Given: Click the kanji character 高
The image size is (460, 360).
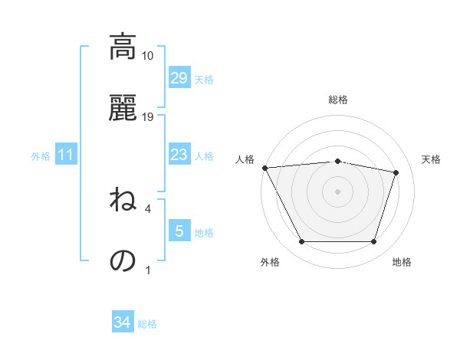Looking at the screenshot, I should click(122, 47).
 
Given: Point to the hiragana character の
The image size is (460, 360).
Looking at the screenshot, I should click(122, 260).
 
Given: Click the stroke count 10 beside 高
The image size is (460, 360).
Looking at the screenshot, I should click(148, 56).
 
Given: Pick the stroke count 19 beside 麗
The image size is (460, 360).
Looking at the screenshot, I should click(148, 117).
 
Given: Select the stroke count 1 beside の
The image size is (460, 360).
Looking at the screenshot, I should click(148, 270).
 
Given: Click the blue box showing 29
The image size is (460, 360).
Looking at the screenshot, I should click(179, 78).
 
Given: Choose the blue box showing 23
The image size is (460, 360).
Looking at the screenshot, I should click(179, 155).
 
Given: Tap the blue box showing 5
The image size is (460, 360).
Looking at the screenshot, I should click(179, 231).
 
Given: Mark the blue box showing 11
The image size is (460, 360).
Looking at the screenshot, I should click(66, 155).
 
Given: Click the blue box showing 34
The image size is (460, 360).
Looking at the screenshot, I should click(122, 323).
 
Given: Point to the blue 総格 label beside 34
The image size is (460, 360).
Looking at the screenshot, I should click(147, 324).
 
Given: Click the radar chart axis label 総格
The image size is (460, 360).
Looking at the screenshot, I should click(338, 100).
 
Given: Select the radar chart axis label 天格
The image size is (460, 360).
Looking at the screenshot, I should click(432, 159).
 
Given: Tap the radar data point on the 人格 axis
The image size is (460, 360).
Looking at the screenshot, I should click(264, 168).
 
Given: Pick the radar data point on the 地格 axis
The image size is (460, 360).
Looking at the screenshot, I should click(374, 242).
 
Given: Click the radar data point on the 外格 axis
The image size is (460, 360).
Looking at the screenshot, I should click(301, 242).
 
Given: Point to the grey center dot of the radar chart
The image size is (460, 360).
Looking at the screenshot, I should click(338, 191).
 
